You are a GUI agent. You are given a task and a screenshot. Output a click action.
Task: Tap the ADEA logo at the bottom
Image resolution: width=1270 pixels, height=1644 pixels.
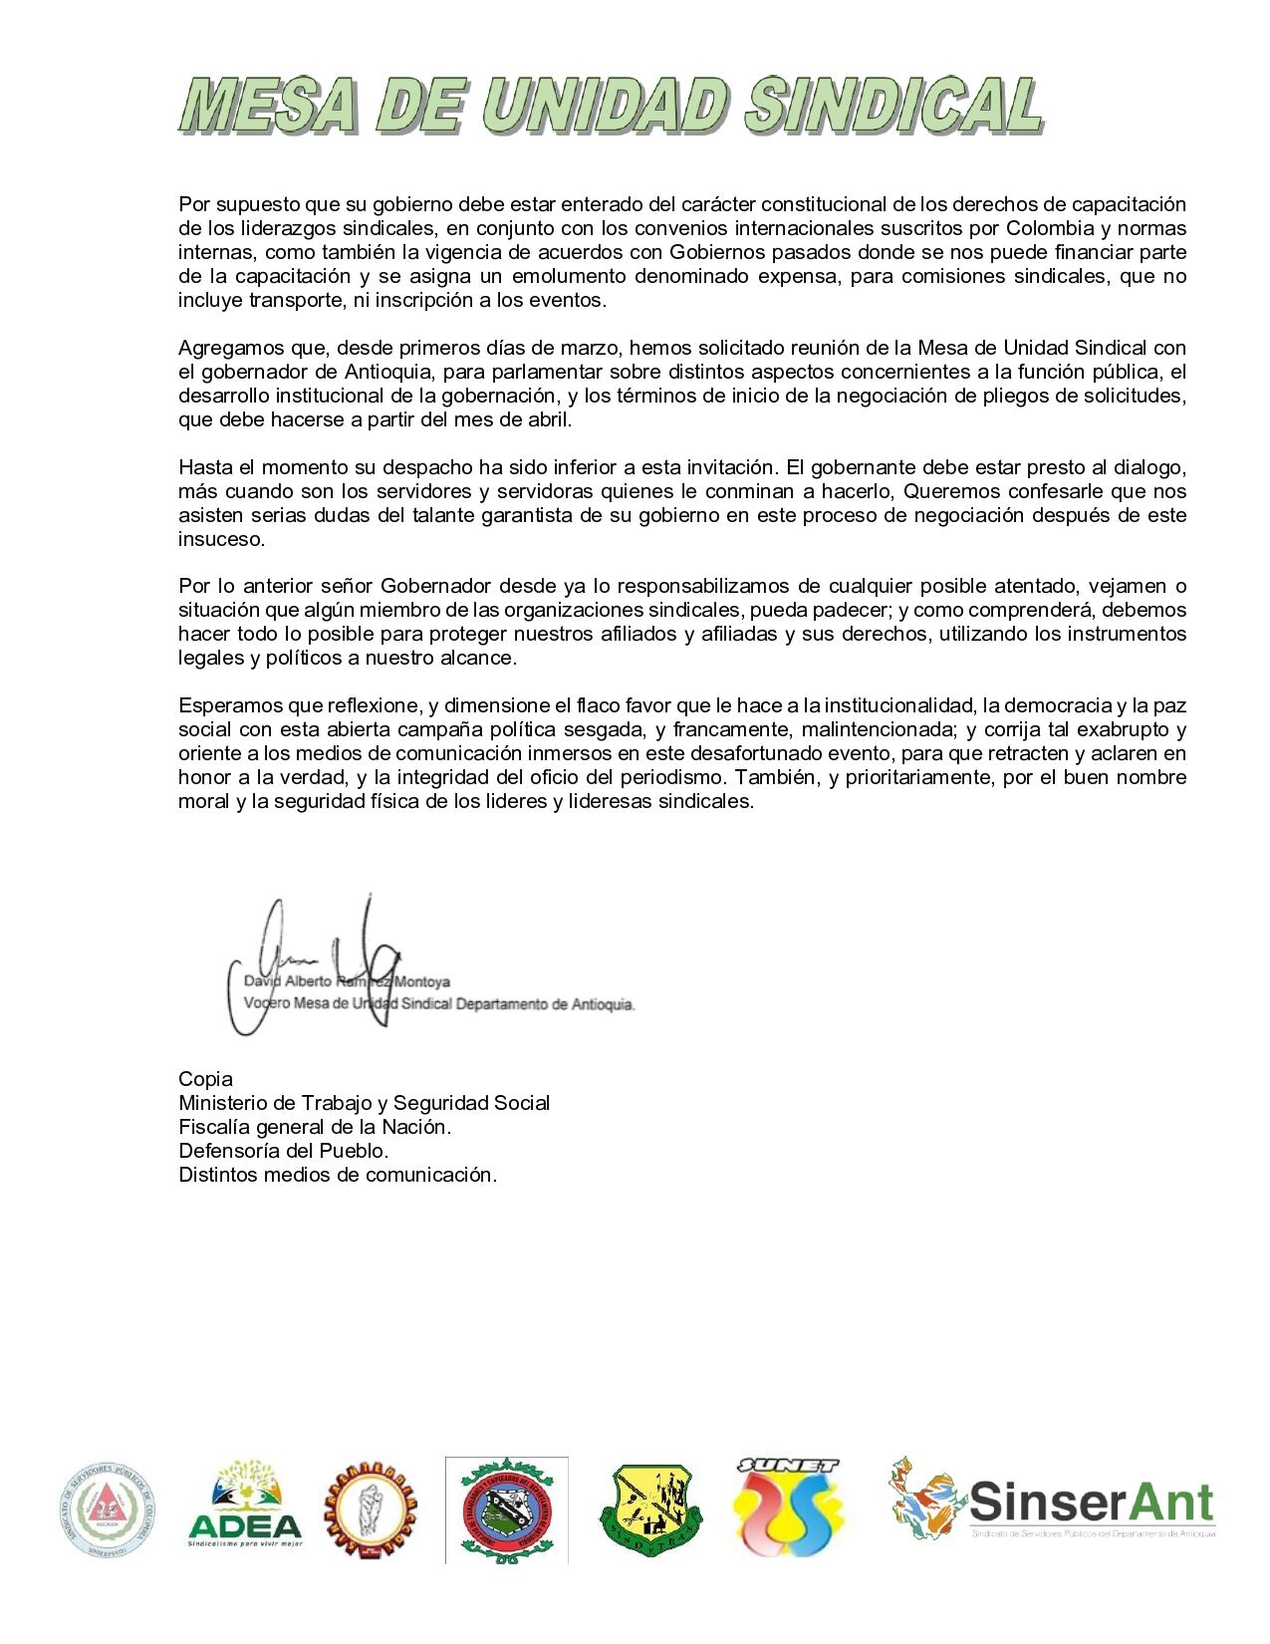point(245,1506)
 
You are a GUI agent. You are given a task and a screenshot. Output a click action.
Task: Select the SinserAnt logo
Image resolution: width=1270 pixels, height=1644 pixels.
point(1052,1499)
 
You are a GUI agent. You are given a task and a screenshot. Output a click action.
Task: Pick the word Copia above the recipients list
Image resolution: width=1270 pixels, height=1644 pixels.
point(205,1079)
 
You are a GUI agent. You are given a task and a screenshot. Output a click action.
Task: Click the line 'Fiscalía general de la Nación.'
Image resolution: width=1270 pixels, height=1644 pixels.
point(315,1127)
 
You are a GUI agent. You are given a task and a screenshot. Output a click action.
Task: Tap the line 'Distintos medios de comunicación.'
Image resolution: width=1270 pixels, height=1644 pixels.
point(338,1175)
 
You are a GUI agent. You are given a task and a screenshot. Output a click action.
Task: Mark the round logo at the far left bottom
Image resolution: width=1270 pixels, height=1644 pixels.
point(110,1506)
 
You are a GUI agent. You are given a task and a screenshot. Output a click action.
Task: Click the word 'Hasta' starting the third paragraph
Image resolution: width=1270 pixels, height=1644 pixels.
point(202,467)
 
